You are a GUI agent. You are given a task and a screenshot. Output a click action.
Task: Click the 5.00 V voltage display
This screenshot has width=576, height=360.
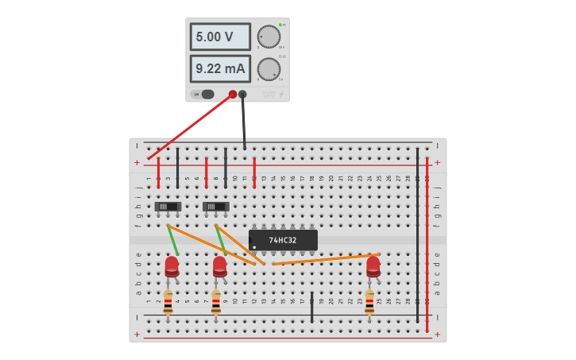pyautogui.click(x=220, y=37)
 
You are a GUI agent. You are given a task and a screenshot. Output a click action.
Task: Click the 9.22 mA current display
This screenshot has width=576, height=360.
pyautogui.click(x=220, y=68)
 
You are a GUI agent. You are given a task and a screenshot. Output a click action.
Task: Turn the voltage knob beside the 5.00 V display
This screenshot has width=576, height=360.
pyautogui.click(x=269, y=37)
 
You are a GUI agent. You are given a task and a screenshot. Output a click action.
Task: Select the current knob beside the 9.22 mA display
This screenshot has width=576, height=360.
pyautogui.click(x=269, y=69)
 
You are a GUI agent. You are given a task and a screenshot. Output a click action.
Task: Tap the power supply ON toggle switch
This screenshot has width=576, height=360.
pyautogui.click(x=207, y=95)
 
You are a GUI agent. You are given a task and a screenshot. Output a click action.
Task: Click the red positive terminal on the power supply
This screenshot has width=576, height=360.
pyautogui.click(x=233, y=95)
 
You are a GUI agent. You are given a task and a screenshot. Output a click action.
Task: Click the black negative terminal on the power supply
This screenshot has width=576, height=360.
pyautogui.click(x=242, y=95)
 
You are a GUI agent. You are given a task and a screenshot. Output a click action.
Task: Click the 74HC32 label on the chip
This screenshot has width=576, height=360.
pyautogui.click(x=283, y=240)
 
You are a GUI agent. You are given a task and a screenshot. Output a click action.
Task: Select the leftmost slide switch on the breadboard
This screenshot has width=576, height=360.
pyautogui.click(x=168, y=207)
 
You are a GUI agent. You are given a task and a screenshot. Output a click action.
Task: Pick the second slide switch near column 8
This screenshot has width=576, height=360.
pyautogui.click(x=216, y=207)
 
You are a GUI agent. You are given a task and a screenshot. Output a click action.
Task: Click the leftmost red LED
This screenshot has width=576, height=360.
pyautogui.click(x=172, y=265)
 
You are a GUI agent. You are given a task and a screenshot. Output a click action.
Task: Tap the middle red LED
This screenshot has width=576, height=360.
pyautogui.click(x=220, y=265)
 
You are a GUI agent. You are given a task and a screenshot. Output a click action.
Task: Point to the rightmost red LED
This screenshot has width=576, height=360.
pyautogui.click(x=373, y=265)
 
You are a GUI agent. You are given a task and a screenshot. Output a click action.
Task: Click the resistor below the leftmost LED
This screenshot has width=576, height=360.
pyautogui.click(x=168, y=302)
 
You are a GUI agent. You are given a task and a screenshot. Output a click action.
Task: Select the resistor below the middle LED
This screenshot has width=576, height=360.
pyautogui.click(x=216, y=302)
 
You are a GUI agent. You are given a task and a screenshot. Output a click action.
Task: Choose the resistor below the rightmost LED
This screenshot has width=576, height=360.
pyautogui.click(x=369, y=302)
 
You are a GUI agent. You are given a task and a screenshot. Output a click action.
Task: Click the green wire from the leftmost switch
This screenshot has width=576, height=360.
pyautogui.click(x=172, y=241)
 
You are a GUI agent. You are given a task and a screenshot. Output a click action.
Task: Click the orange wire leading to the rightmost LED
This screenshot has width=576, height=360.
pyautogui.click(x=326, y=259)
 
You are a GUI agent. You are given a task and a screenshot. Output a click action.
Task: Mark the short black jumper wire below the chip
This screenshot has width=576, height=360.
pyautogui.click(x=312, y=308)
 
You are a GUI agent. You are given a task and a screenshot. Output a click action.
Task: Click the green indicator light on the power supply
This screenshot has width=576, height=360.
pyautogui.click(x=280, y=25)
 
